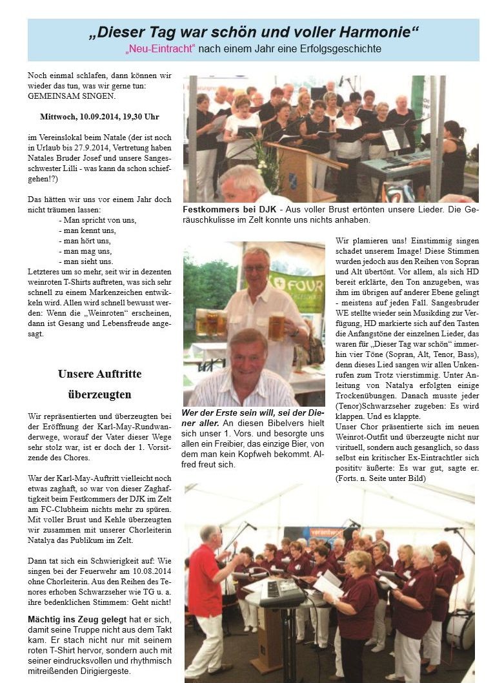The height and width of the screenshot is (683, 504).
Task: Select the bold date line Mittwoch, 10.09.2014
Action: click(99, 116)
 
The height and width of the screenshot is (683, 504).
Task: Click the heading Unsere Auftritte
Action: click(99, 374)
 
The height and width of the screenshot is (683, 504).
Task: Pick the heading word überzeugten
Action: click(99, 394)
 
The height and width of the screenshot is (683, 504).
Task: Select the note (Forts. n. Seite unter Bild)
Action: click(379, 480)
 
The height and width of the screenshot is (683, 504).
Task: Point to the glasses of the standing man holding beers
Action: click(256, 268)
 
